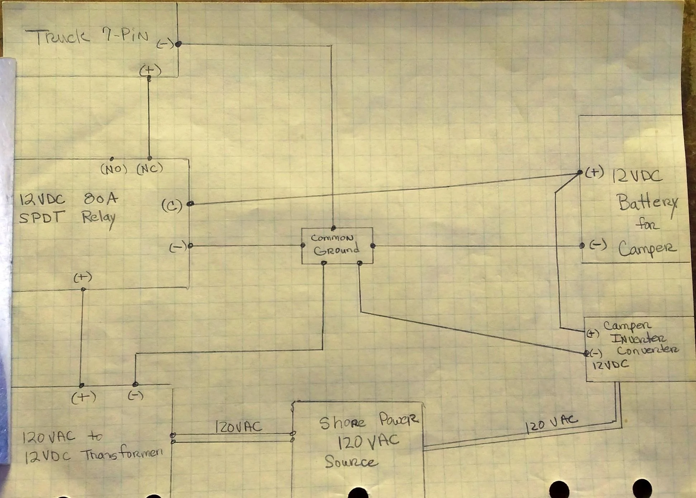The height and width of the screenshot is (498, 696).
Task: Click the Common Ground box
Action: coord(337,245)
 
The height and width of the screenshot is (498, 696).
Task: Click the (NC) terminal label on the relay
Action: coord(150,168)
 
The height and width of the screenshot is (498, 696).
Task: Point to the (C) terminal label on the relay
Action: coord(172,206)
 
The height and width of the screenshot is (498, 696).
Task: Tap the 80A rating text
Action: coord(101,198)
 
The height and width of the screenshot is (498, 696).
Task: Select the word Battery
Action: coord(647,203)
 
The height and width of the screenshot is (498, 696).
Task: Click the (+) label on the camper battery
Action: coord(595,173)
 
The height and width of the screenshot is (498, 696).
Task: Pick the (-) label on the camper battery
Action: coord(598,245)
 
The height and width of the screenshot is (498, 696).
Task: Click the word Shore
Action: coord(342,423)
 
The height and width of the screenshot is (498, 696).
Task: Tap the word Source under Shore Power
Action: coord(351,462)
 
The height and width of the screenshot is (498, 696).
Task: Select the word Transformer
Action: coord(122,454)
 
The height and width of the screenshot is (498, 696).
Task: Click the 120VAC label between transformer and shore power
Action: coord(238,427)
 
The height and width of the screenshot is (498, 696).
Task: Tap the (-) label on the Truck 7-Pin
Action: coord(165,44)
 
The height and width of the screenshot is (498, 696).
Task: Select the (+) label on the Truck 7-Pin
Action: coord(150,70)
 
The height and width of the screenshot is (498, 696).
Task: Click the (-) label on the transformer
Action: coord(135,396)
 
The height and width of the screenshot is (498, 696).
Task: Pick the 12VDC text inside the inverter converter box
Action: coord(610,365)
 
